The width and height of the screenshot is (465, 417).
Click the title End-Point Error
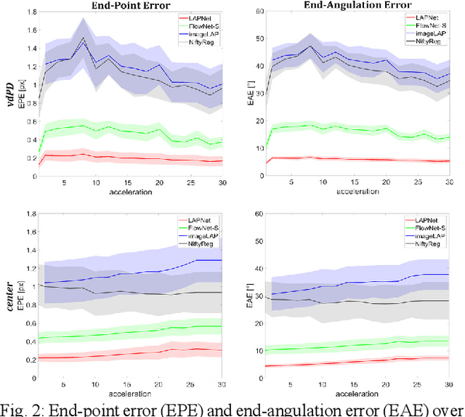pos(126,5)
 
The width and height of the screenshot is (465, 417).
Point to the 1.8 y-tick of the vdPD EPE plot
pos(29,13)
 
